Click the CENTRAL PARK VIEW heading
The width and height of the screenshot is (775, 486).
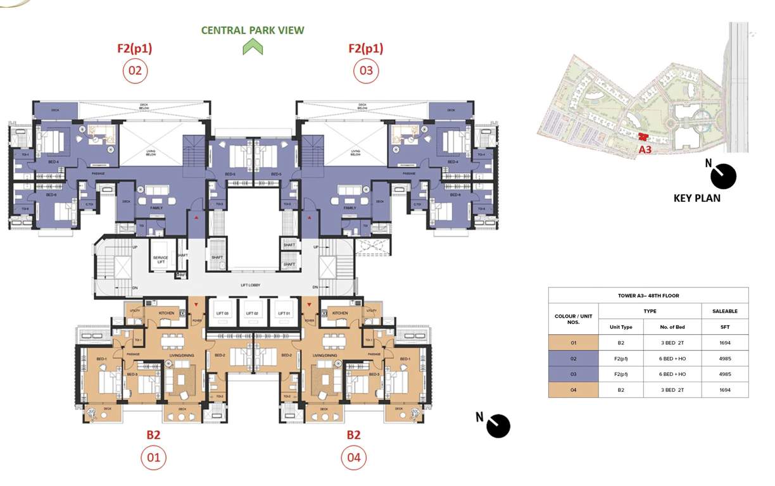[x=253, y=30]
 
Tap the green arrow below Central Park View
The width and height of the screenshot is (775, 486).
[x=253, y=47]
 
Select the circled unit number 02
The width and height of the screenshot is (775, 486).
[x=135, y=70]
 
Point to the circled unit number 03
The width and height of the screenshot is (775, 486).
[x=366, y=70]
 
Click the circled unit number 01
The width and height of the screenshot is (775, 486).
[x=153, y=458]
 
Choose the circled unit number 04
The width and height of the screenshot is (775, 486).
[x=353, y=458]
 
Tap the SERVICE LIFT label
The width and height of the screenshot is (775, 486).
[x=160, y=259]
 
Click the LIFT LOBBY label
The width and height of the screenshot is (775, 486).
[x=251, y=285]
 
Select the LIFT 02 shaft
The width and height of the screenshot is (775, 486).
[x=251, y=313]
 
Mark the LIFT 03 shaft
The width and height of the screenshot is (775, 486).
[x=221, y=313]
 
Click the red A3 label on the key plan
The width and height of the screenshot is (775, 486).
[x=645, y=149]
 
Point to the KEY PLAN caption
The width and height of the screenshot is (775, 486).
[x=696, y=198]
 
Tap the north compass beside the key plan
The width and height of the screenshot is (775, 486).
[x=723, y=177]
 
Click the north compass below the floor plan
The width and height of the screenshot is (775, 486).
[x=498, y=426]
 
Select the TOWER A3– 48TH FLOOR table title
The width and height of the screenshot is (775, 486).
[x=648, y=296]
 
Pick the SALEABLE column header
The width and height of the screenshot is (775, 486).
[x=724, y=311]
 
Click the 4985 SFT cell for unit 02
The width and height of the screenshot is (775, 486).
[x=724, y=358]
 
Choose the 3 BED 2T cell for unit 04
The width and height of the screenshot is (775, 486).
[x=672, y=390]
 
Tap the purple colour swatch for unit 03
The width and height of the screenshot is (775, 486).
[x=573, y=374]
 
